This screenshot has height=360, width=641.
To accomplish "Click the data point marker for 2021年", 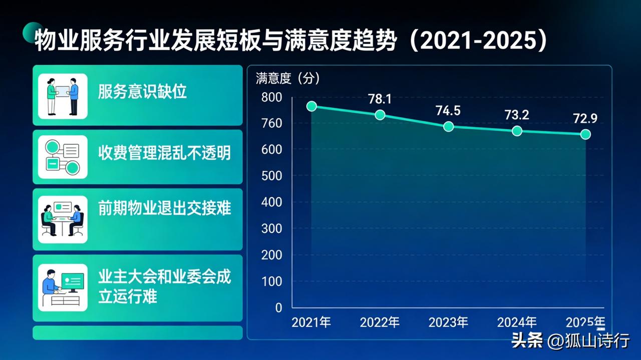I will click(311, 106).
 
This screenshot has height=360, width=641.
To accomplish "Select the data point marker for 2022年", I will click(380, 115).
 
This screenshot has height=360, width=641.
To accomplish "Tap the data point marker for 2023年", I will click(448, 126).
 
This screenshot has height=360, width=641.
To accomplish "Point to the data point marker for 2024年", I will click(517, 131).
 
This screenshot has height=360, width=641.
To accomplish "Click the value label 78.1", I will click(380, 99).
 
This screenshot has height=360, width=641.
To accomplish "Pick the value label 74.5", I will click(448, 110).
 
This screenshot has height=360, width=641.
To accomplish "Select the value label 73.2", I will click(517, 115).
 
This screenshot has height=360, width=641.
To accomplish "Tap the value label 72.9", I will click(585, 119).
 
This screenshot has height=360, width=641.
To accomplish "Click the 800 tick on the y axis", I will click(272, 97).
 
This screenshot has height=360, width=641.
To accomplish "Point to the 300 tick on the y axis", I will click(272, 229).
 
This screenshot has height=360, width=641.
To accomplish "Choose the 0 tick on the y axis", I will click(278, 307).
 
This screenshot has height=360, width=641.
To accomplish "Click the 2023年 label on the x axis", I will click(448, 322).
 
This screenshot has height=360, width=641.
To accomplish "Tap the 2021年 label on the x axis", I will click(311, 322).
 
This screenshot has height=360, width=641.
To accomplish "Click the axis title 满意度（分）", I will click(287, 78).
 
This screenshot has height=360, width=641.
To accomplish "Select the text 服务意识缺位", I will click(142, 92).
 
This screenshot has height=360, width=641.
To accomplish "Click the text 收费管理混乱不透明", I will click(164, 152).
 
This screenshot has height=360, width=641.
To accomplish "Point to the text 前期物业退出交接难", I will click(164, 208).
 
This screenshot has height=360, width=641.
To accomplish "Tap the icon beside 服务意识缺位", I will click(63, 96).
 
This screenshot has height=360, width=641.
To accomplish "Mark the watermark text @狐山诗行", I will click(588, 341).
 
